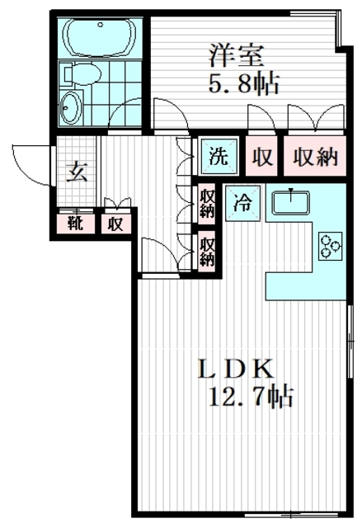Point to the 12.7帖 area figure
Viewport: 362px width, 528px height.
point(249,397)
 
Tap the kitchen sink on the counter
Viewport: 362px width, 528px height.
point(291,200)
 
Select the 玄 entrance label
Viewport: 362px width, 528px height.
point(76,173)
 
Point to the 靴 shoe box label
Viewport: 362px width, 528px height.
point(75,223)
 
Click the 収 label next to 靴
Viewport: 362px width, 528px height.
point(115,223)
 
